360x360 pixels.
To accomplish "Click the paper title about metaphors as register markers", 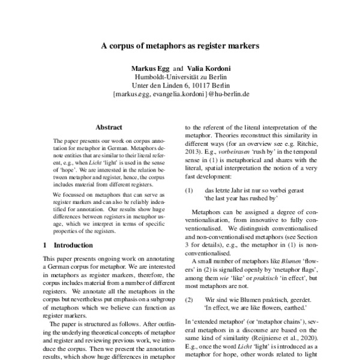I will [x=180, y=46].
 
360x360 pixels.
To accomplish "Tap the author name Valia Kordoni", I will [x=208, y=69].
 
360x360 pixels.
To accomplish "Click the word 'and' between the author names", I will [x=178, y=69].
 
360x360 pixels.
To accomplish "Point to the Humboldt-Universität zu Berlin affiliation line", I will [x=180, y=77].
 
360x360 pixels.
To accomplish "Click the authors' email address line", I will [x=180, y=95].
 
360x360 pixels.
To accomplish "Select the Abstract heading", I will [x=109, y=127].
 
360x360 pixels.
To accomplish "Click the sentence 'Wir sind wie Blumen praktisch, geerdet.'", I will [x=258, y=299].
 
